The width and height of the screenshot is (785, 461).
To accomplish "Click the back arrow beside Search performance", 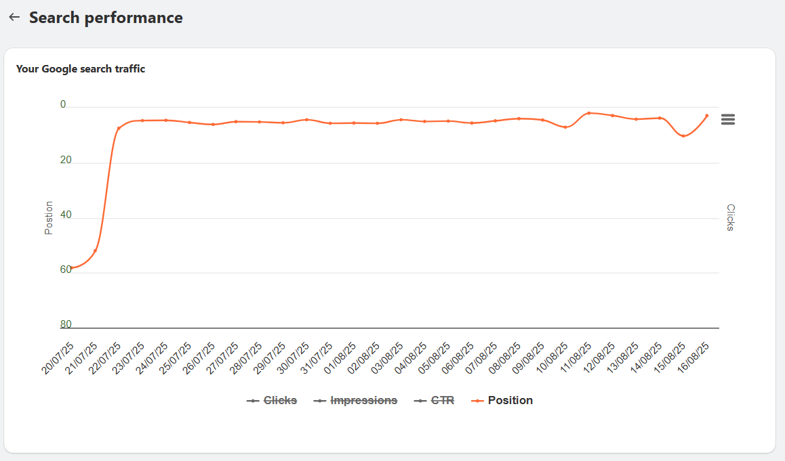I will [x=14, y=18].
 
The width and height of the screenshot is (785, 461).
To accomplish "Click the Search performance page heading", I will [x=106, y=18].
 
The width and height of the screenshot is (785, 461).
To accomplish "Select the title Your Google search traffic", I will [x=81, y=68].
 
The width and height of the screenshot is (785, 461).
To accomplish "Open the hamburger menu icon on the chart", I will [x=728, y=119].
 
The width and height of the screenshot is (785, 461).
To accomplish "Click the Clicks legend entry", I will [x=272, y=400].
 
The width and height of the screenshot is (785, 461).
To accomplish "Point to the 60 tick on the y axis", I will [x=66, y=269].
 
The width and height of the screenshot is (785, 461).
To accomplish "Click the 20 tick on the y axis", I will [x=66, y=160].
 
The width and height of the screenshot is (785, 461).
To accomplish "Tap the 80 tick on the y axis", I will [x=66, y=324].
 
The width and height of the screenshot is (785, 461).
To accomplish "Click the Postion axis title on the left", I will [x=49, y=218].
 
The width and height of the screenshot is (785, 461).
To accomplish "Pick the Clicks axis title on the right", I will [x=731, y=218].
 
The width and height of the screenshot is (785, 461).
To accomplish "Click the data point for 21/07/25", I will [x=95, y=251].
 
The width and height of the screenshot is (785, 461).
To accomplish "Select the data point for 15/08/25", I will [x=683, y=136].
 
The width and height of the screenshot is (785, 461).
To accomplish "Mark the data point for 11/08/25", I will [x=589, y=113].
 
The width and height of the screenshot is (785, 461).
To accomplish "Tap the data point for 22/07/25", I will [x=119, y=128].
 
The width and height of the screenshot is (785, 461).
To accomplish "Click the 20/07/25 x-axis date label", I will [x=58, y=358].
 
